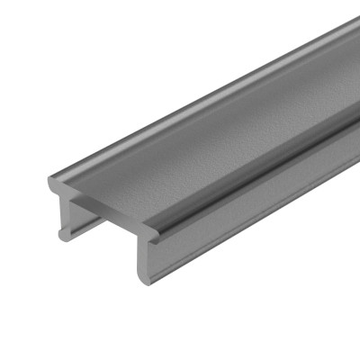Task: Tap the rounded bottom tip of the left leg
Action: [65, 236]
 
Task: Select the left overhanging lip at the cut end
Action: [54, 184]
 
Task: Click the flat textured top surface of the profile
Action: [207, 135]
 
